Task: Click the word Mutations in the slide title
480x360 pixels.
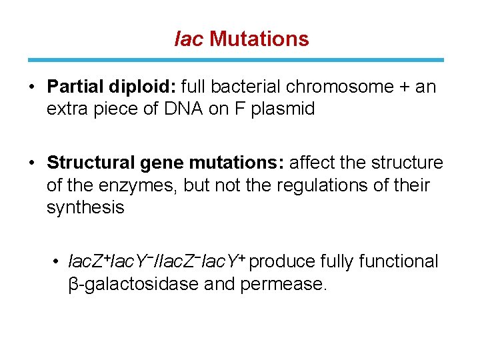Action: click(x=259, y=39)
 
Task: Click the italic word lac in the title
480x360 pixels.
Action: click(x=188, y=39)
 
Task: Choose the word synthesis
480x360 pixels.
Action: click(x=85, y=207)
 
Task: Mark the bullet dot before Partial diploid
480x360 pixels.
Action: click(x=32, y=87)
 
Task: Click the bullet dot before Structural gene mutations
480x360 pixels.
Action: click(x=32, y=163)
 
